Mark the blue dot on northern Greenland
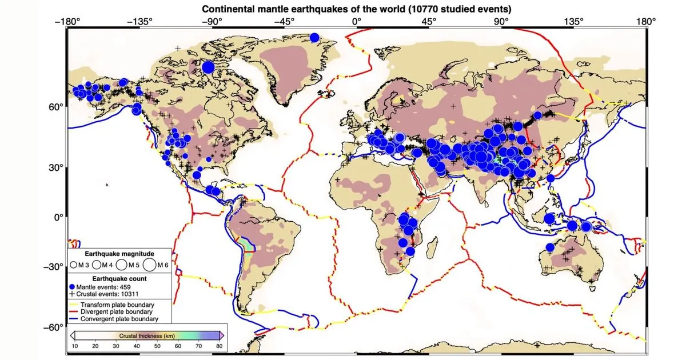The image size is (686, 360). pyautogui.click(x=314, y=38)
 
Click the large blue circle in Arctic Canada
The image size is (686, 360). pyautogui.click(x=208, y=67)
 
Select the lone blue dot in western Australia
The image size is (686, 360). pyautogui.click(x=550, y=247)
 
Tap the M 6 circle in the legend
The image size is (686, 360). pyautogui.click(x=149, y=265)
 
